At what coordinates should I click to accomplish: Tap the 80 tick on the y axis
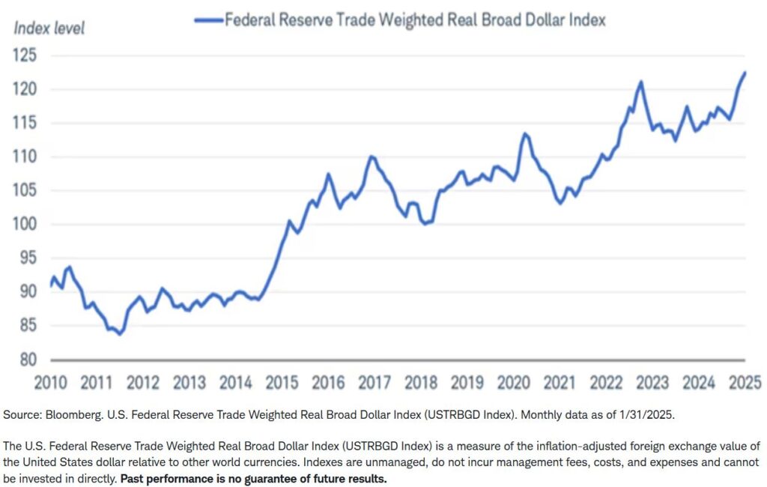point(24,359)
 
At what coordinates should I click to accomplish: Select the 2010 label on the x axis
point(51,383)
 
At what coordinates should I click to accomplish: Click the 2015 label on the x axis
point(282,383)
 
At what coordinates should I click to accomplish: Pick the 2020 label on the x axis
point(514,383)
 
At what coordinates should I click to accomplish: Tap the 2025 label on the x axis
point(745,383)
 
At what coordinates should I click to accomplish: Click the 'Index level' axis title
point(49,28)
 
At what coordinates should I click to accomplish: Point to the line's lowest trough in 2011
point(120,334)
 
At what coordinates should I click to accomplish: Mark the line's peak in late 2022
point(641,82)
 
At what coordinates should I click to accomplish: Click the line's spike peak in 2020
point(525,134)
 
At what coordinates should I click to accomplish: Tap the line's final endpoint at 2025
point(745,73)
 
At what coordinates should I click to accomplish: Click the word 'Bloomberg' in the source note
point(76,414)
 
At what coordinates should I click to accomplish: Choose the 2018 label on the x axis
point(421,383)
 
